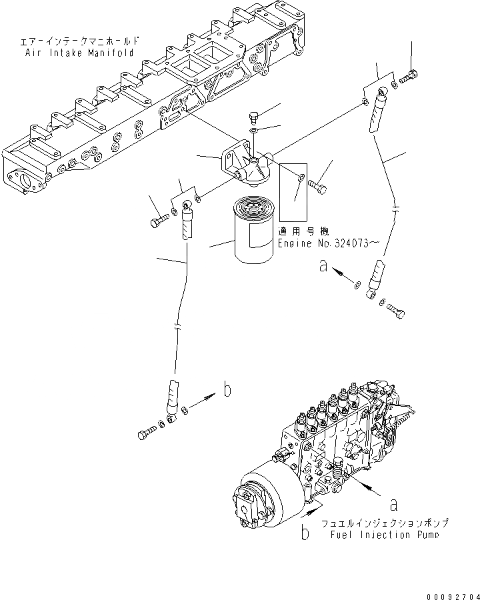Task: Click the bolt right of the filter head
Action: click(318, 189)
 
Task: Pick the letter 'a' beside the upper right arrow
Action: click(323, 267)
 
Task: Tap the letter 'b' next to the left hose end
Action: click(227, 391)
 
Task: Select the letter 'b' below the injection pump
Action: click(304, 533)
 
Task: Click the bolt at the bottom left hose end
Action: click(146, 434)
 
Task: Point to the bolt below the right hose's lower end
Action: click(396, 311)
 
